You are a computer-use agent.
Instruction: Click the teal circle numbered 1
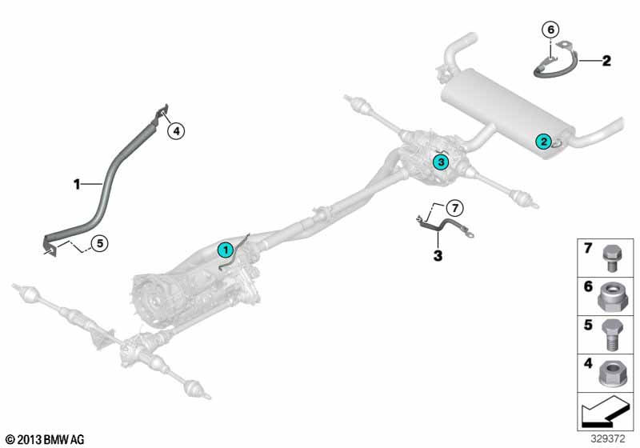[226, 250]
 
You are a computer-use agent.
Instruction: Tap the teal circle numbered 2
[543, 142]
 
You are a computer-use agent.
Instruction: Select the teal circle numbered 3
[439, 162]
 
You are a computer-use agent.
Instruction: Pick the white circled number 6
[550, 30]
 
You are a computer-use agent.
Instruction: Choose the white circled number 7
[454, 208]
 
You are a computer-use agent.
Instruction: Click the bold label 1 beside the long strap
[77, 184]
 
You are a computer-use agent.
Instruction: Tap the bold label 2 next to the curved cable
[606, 60]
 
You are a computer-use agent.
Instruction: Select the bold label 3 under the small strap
[437, 256]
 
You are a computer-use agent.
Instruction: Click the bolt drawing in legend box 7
[608, 257]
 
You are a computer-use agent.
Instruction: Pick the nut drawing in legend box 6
[608, 297]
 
